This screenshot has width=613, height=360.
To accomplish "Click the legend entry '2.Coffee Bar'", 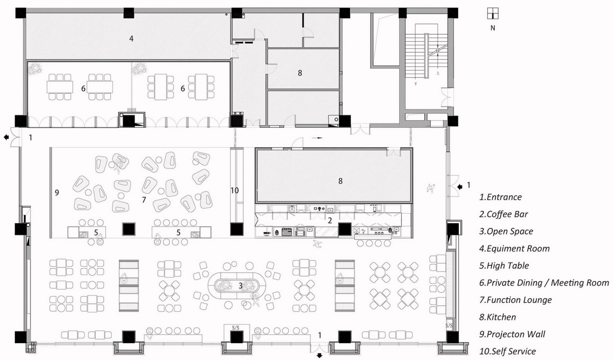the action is [503, 214].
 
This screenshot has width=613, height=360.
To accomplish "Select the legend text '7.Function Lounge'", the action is [515, 300].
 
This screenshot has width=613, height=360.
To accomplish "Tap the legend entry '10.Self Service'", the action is [507, 351].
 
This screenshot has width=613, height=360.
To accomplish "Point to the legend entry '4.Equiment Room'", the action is [514, 249].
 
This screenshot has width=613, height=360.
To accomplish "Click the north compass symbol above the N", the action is [492, 14].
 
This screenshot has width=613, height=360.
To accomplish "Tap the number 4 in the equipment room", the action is [131, 39].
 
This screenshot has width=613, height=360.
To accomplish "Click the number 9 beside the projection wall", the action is [57, 192].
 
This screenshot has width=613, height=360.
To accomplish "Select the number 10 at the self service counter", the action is [235, 190].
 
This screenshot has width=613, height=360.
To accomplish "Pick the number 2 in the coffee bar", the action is [330, 220].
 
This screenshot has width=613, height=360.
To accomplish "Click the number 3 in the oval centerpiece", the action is [240, 286].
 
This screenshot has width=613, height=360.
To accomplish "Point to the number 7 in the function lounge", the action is [144, 200].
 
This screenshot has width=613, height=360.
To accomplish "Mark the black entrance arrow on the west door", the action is [6, 137].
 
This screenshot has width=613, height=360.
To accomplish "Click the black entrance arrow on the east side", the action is [460, 187].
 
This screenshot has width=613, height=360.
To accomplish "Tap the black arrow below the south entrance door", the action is [319, 356].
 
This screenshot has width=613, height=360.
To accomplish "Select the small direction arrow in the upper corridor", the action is [317, 138].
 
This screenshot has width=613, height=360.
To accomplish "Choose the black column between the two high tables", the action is [129, 229].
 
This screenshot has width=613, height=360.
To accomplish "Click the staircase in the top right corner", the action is [426, 56].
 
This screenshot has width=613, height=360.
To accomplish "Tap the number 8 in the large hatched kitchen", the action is [340, 181].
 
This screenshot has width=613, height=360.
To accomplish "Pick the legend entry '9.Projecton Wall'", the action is [512, 334].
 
